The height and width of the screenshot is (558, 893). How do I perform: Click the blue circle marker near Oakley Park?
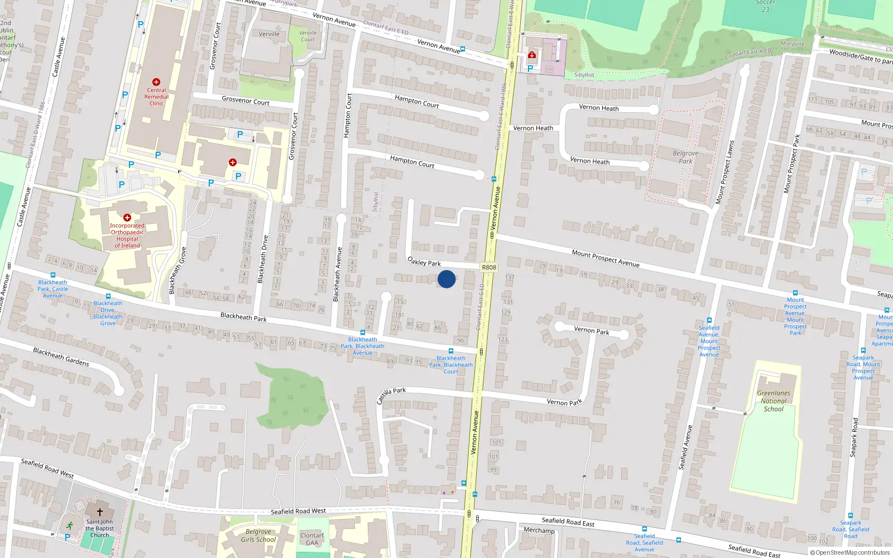(x=446, y=279)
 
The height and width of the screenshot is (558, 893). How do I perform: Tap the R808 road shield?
(x=489, y=267)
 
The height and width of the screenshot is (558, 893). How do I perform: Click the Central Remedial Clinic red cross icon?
(x=156, y=82)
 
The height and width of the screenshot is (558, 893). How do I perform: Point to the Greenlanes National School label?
(x=774, y=401)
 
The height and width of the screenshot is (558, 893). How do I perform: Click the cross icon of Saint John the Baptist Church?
(x=100, y=512)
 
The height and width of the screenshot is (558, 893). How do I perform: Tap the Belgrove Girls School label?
(x=258, y=536)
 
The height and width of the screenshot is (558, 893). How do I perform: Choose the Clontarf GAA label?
(x=312, y=539)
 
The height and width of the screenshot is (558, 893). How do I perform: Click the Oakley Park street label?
(x=424, y=262)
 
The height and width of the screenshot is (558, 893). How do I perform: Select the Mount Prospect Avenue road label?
(x=606, y=258)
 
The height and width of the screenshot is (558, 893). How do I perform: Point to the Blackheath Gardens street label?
(x=61, y=357)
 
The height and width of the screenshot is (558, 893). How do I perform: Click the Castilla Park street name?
(x=391, y=395)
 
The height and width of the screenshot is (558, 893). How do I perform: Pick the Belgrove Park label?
(x=685, y=157)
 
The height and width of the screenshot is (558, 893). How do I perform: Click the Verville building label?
(x=269, y=34)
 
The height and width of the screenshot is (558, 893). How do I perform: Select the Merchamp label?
(x=539, y=530)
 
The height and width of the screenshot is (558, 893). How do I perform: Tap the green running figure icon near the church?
(x=69, y=526)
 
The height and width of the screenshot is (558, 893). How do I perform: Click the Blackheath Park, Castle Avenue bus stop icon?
(x=53, y=275)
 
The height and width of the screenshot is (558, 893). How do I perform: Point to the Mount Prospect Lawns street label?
(x=726, y=172)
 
